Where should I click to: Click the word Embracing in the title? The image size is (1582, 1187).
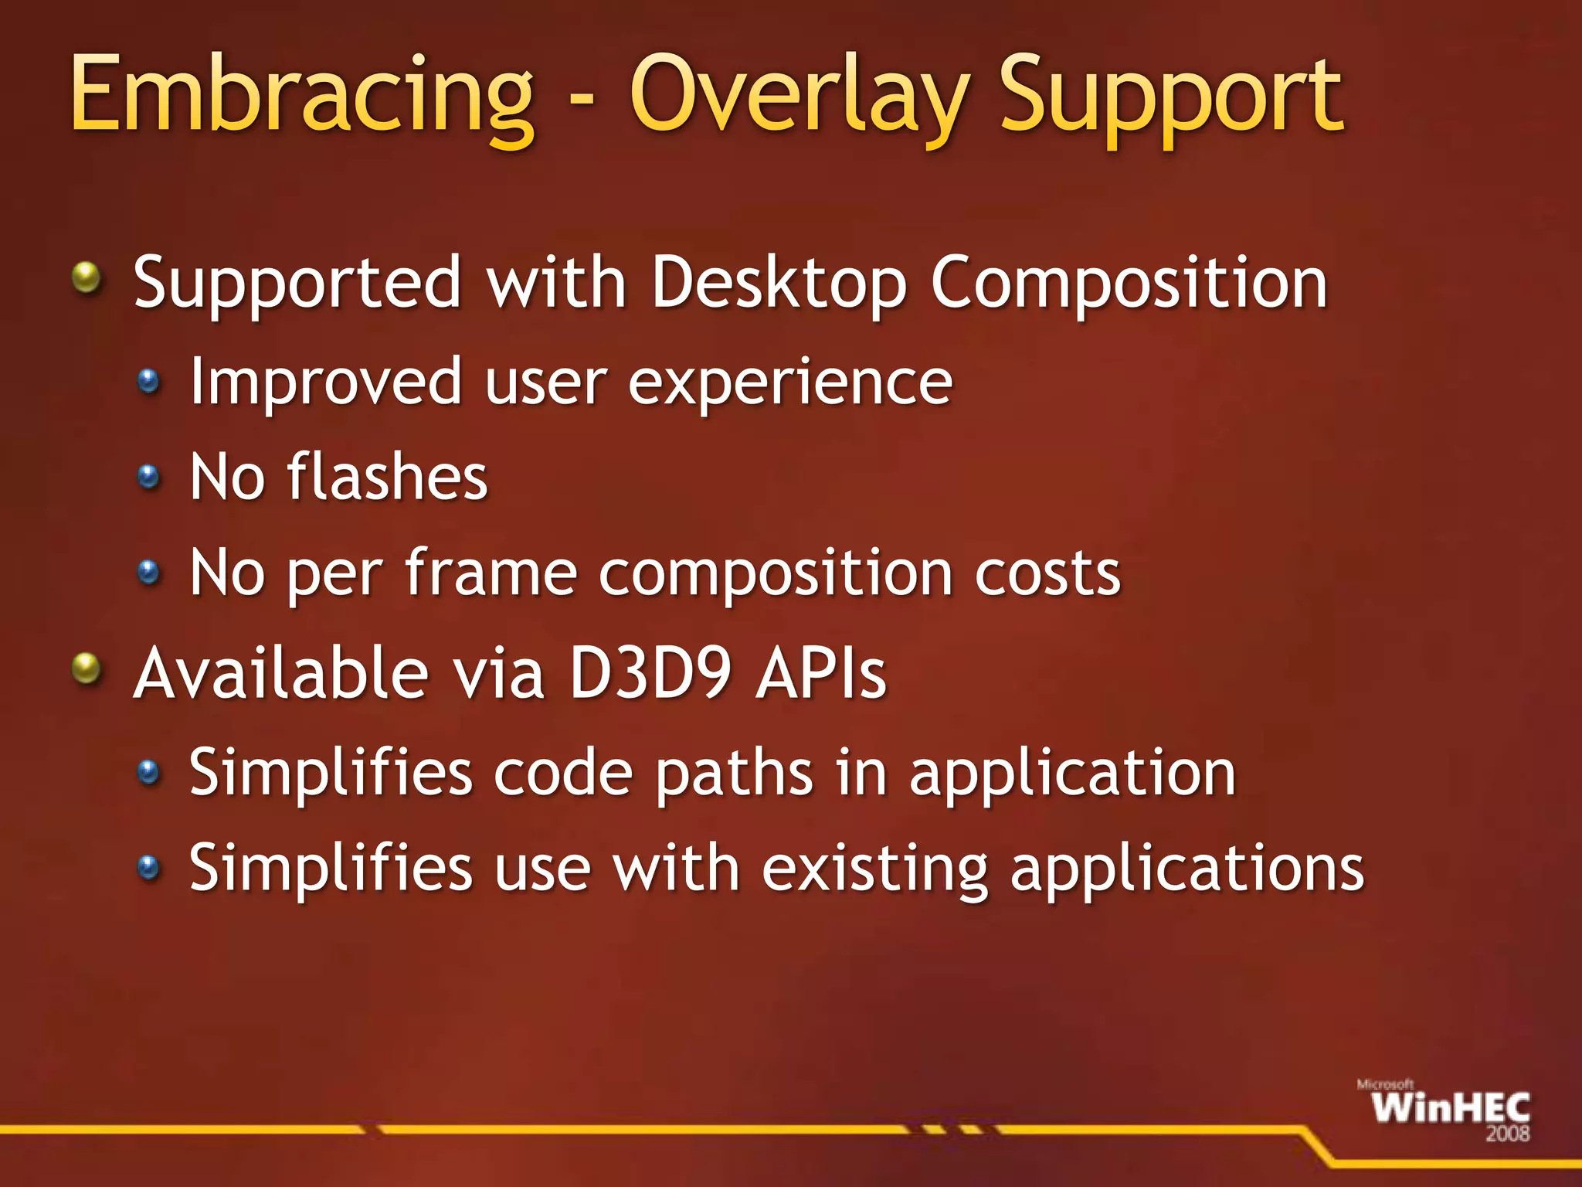click(x=301, y=97)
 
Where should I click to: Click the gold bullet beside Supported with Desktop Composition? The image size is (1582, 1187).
click(x=87, y=277)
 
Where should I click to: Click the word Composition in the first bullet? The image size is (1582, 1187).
click(x=1129, y=283)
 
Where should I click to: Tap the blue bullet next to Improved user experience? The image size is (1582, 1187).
click(x=148, y=381)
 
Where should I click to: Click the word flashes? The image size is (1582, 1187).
click(x=387, y=477)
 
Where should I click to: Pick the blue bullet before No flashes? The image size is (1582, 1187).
click(x=148, y=477)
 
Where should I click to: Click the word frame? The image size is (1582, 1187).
click(x=491, y=573)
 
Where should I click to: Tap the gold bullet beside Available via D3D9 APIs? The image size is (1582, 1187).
click(x=87, y=668)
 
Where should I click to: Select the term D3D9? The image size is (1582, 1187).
click(x=650, y=673)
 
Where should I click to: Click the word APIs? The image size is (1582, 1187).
click(x=821, y=673)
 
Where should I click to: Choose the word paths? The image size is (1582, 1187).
click(x=734, y=773)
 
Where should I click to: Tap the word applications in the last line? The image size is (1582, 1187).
click(x=1187, y=869)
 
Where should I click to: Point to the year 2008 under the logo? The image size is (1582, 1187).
click(x=1507, y=1134)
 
